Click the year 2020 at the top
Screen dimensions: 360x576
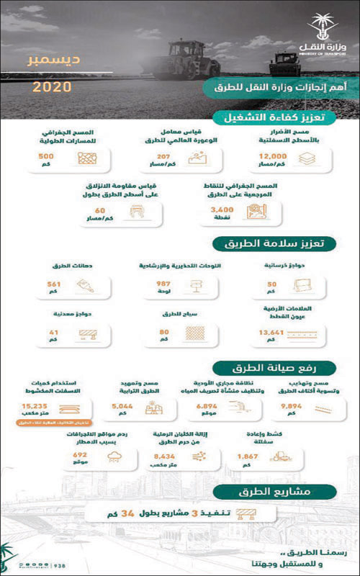click(x=52, y=87)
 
